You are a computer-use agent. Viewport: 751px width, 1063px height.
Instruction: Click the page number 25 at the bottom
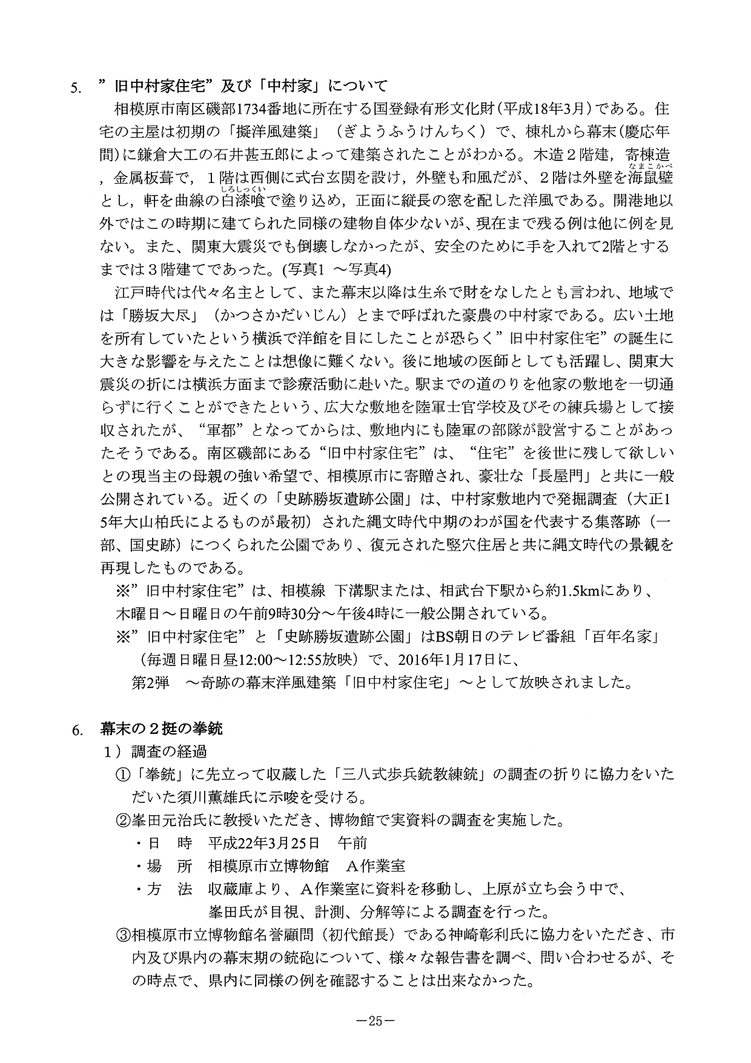[375, 1020]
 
